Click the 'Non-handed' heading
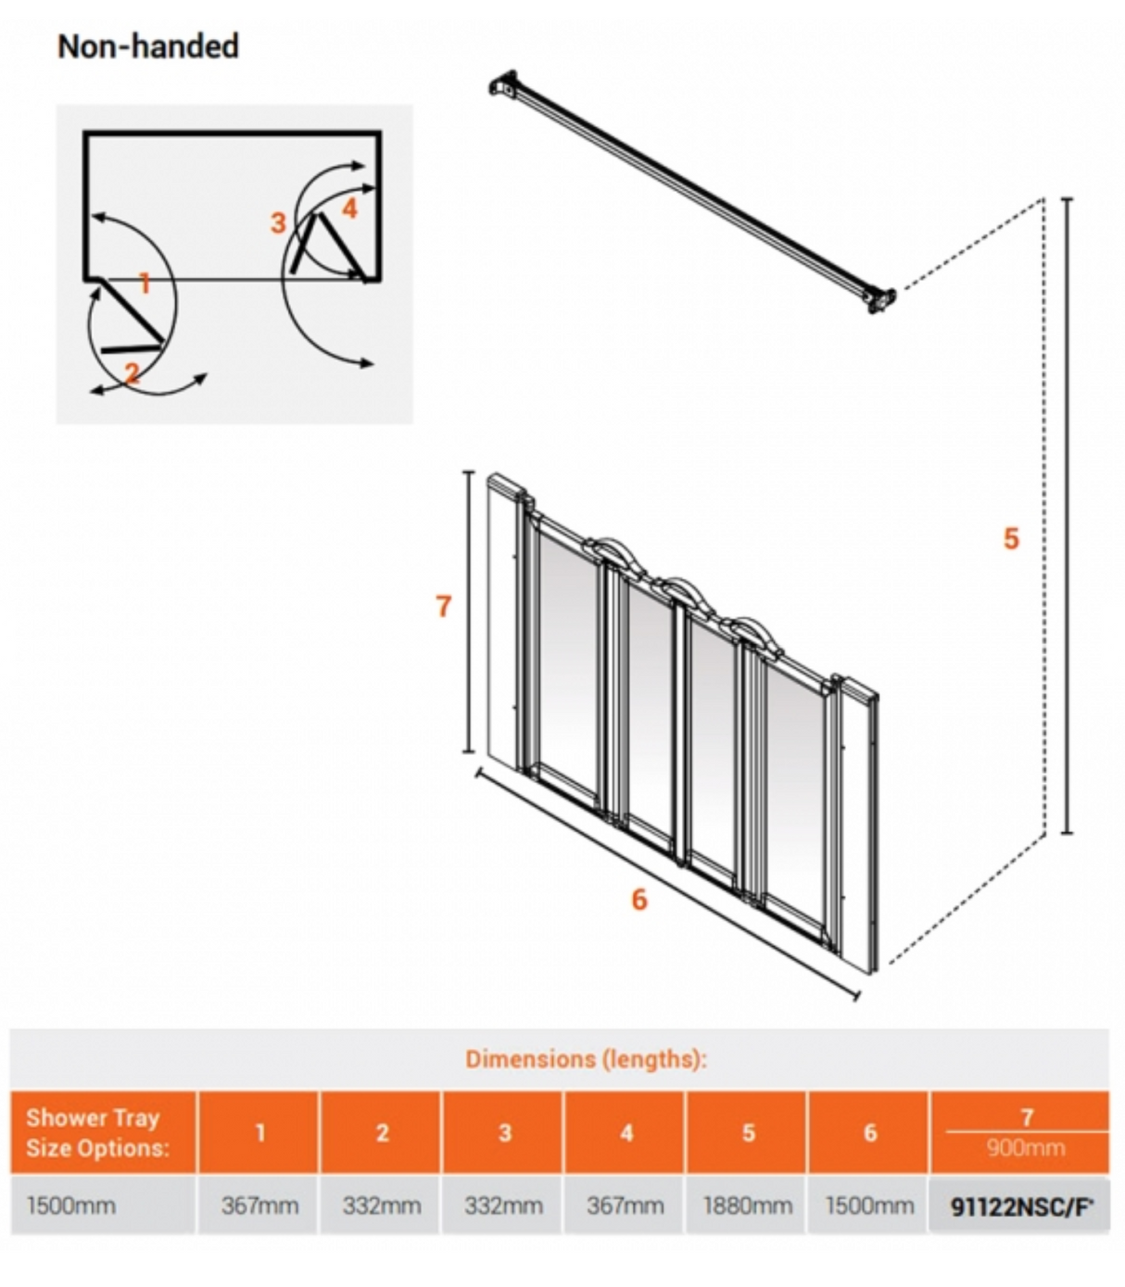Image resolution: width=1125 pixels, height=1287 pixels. click(x=148, y=46)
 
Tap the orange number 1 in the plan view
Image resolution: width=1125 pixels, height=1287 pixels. click(x=145, y=283)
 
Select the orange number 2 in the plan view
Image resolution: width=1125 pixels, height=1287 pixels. click(x=133, y=372)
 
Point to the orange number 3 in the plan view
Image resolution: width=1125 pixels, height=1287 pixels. click(x=278, y=222)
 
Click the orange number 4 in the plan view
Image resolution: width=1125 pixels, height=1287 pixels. click(x=349, y=208)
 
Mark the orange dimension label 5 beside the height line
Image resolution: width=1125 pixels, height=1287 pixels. click(x=1011, y=538)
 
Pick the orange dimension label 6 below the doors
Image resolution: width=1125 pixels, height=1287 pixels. click(x=639, y=899)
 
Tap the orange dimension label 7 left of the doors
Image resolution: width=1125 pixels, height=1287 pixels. click(x=444, y=606)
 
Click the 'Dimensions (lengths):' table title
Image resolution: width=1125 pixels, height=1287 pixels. click(x=586, y=1059)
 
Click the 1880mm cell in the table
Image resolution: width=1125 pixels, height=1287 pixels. click(x=747, y=1205)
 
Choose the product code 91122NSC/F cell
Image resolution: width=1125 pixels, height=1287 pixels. click(x=1022, y=1206)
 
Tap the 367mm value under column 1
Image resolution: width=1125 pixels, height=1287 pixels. click(x=259, y=1205)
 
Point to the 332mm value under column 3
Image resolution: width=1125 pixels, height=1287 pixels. click(x=504, y=1205)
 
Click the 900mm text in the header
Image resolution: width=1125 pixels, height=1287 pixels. click(x=1025, y=1148)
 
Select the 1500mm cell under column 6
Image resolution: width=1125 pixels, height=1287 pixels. click(x=869, y=1205)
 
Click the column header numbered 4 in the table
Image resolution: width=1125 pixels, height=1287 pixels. click(x=626, y=1132)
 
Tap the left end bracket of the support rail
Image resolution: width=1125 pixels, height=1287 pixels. click(x=503, y=85)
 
